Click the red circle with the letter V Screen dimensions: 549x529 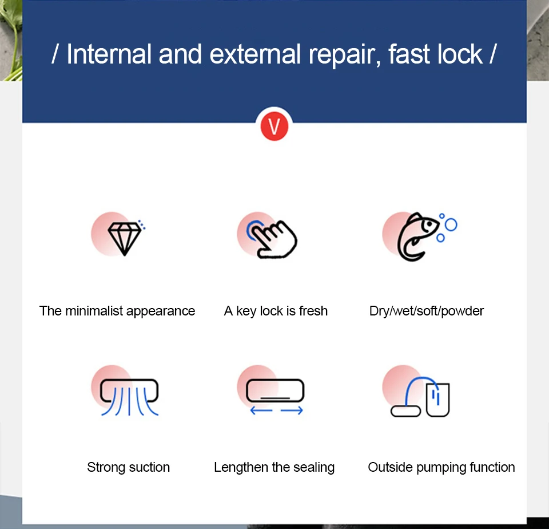[x=274, y=126]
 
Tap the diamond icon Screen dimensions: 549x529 [x=124, y=239]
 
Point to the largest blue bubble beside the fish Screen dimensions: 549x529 [x=451, y=225]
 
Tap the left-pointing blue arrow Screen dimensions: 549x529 [x=261, y=410]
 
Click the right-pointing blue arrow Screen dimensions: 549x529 [x=292, y=410]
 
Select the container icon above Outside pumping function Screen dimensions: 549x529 [x=437, y=400]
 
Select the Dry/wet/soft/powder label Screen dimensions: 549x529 [x=427, y=311]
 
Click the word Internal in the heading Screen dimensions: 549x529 [x=109, y=54]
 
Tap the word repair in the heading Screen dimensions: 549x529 [x=344, y=56]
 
